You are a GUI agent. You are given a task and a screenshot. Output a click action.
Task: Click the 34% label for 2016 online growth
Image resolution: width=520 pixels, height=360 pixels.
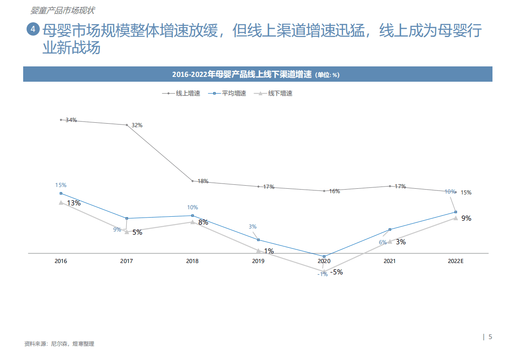(71, 120)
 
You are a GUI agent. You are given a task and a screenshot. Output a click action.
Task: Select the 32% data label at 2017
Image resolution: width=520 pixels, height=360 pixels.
(137, 125)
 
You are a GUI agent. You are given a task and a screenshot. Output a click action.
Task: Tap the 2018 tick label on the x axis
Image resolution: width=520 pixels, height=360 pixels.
(192, 261)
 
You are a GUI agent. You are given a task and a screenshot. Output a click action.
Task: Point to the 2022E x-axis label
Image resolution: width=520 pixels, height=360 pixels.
(455, 261)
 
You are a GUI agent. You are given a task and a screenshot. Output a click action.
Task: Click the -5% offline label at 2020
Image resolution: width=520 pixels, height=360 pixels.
(336, 272)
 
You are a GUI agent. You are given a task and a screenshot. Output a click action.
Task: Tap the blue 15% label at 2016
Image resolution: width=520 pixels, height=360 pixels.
(61, 185)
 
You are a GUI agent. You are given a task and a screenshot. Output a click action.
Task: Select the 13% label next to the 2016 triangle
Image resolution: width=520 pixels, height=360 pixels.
(73, 203)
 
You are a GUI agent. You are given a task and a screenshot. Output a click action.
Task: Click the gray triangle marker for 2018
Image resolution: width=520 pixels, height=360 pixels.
(192, 222)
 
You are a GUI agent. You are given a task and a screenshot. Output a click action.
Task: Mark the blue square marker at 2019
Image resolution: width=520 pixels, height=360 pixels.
(258, 240)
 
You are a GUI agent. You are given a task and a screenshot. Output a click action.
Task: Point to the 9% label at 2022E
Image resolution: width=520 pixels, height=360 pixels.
(466, 218)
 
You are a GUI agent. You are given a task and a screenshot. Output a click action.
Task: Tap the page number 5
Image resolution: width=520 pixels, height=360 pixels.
(490, 337)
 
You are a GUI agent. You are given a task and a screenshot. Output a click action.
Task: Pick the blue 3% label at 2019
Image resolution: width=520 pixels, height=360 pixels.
(253, 227)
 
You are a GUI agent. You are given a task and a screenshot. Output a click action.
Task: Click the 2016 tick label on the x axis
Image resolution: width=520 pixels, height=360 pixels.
(61, 261)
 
